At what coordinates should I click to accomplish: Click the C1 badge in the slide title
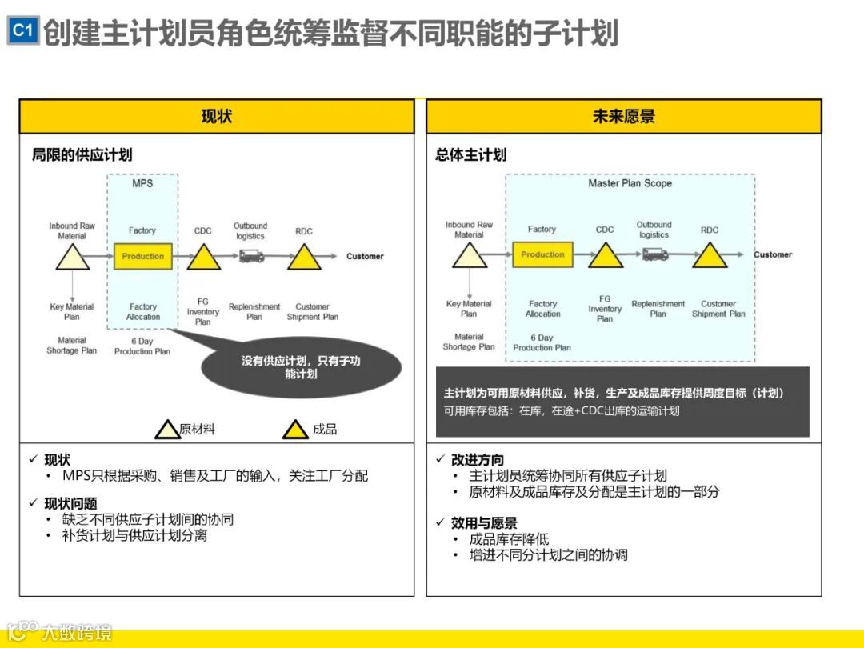tap(23, 31)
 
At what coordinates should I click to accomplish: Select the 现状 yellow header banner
tap(217, 117)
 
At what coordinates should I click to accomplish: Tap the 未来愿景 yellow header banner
tap(623, 117)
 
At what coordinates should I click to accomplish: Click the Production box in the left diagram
tap(142, 257)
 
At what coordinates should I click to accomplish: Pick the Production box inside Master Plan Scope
tap(542, 255)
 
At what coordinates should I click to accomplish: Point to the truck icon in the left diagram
tap(251, 256)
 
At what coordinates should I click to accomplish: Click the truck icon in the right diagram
tap(654, 254)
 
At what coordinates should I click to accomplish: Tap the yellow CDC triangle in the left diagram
tap(203, 258)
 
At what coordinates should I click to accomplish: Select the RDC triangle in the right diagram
tap(710, 256)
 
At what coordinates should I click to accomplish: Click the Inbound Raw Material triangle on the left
tap(72, 258)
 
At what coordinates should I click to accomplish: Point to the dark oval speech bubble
tap(301, 367)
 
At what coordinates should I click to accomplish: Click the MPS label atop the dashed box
tap(142, 184)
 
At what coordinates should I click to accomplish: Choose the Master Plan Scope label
tap(630, 183)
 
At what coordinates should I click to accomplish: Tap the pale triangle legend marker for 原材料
tap(167, 430)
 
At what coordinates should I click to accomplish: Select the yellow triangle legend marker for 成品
tap(295, 430)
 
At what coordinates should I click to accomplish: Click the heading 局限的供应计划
tap(82, 154)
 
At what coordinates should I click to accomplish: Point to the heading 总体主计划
tap(471, 154)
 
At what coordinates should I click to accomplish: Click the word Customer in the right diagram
tap(773, 254)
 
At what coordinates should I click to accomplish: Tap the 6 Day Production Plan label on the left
tap(142, 346)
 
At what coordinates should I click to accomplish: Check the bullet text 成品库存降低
tap(509, 539)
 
